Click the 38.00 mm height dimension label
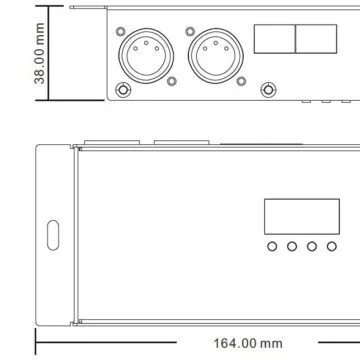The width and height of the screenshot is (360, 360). pyautogui.click(x=39, y=53)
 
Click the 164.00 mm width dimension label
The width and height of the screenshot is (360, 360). pyautogui.click(x=248, y=343)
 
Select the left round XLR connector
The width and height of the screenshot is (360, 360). pyautogui.click(x=146, y=56)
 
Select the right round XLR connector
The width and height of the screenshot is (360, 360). pyautogui.click(x=216, y=56)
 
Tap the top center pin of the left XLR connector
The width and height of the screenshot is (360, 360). pyautogui.click(x=146, y=43)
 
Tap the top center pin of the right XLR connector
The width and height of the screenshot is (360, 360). pyautogui.click(x=216, y=43)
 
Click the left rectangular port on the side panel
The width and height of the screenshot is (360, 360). pyautogui.click(x=275, y=39)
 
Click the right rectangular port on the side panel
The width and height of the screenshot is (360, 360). pyautogui.click(x=316, y=39)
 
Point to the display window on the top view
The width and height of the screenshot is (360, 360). pyautogui.click(x=302, y=217)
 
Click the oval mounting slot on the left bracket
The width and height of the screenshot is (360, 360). pyautogui.click(x=53, y=235)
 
